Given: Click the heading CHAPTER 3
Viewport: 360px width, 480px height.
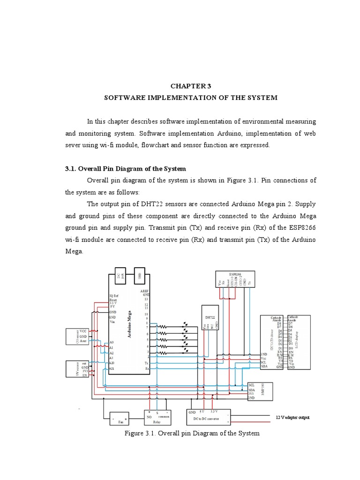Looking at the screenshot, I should (191, 85).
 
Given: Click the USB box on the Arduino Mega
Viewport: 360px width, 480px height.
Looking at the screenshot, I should (139, 275).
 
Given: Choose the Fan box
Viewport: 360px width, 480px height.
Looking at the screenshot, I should (120, 418).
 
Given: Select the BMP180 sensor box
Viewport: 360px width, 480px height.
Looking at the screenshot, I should (260, 390).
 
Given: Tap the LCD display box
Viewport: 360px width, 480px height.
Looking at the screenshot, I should (298, 342).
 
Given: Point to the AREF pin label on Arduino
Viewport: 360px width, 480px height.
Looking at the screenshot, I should (144, 291).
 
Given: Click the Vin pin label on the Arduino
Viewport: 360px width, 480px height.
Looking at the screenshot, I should (112, 322).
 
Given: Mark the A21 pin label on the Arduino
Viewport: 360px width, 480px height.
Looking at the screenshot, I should (112, 369).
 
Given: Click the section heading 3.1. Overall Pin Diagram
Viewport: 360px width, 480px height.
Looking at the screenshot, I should (125, 169).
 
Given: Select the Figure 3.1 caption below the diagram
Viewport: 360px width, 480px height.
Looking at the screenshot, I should (192, 433).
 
